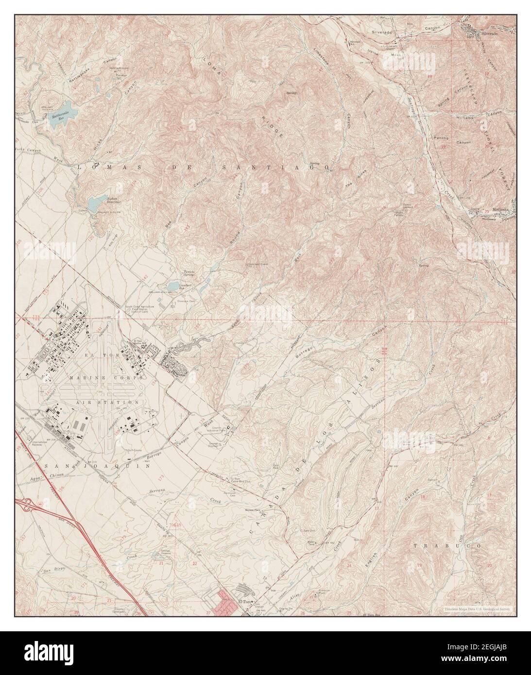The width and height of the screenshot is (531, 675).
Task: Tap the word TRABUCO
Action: [x=447, y=546]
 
